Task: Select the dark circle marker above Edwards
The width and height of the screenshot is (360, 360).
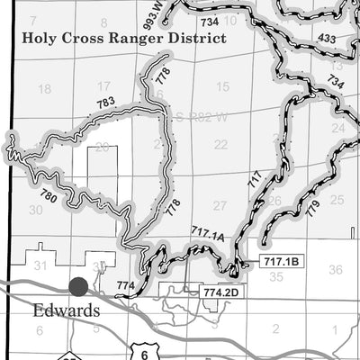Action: [78, 286]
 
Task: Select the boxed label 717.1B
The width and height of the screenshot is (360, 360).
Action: [281, 261]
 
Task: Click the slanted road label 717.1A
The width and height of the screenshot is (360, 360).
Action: [207, 234]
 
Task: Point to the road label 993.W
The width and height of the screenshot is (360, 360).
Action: [160, 12]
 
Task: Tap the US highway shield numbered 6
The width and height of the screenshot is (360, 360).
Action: [144, 355]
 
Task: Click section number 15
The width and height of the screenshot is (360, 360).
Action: [223, 87]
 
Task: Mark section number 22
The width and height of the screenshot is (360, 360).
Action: [221, 144]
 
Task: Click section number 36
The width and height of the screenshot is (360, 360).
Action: [336, 269]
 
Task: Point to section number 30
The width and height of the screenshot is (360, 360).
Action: [36, 209]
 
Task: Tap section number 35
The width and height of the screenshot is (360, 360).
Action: [277, 277]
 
